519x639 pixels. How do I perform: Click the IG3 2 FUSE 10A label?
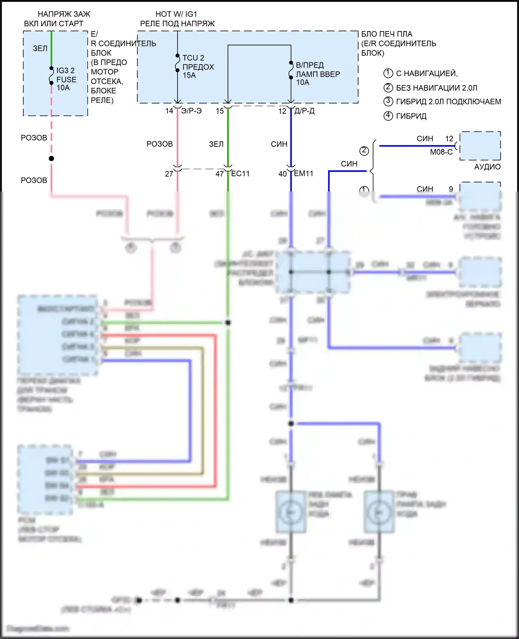pyautogui.click(x=66, y=79)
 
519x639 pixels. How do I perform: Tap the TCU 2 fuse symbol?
pyautogui.click(x=177, y=63)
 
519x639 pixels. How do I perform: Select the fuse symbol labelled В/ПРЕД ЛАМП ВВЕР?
pyautogui.click(x=291, y=70)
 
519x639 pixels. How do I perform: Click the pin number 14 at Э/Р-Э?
pyautogui.click(x=169, y=111)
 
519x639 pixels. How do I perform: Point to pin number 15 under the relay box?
pyautogui.click(x=220, y=111)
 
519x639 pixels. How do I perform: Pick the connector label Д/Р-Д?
pyautogui.click(x=304, y=111)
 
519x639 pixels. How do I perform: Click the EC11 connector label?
pyautogui.click(x=240, y=173)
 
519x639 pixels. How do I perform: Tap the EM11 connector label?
pyautogui.click(x=303, y=173)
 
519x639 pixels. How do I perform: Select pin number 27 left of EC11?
pyautogui.click(x=169, y=174)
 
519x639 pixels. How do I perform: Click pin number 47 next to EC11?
pyautogui.click(x=220, y=174)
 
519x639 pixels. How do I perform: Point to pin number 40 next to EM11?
pyautogui.click(x=283, y=174)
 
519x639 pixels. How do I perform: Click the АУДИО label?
pyautogui.click(x=487, y=167)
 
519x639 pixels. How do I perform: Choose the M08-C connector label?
pyautogui.click(x=441, y=152)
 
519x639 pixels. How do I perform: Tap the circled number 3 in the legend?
pyautogui.click(x=388, y=101)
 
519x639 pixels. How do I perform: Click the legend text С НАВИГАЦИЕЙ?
pyautogui.click(x=427, y=73)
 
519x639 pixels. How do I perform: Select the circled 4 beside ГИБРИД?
pyautogui.click(x=388, y=116)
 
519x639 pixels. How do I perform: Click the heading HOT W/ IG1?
pyautogui.click(x=176, y=14)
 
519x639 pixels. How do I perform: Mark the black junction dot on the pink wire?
pyautogui.click(x=52, y=159)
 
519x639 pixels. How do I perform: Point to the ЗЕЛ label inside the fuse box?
pyautogui.click(x=40, y=48)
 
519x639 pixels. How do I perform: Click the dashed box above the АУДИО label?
pyautogui.click(x=480, y=146)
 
